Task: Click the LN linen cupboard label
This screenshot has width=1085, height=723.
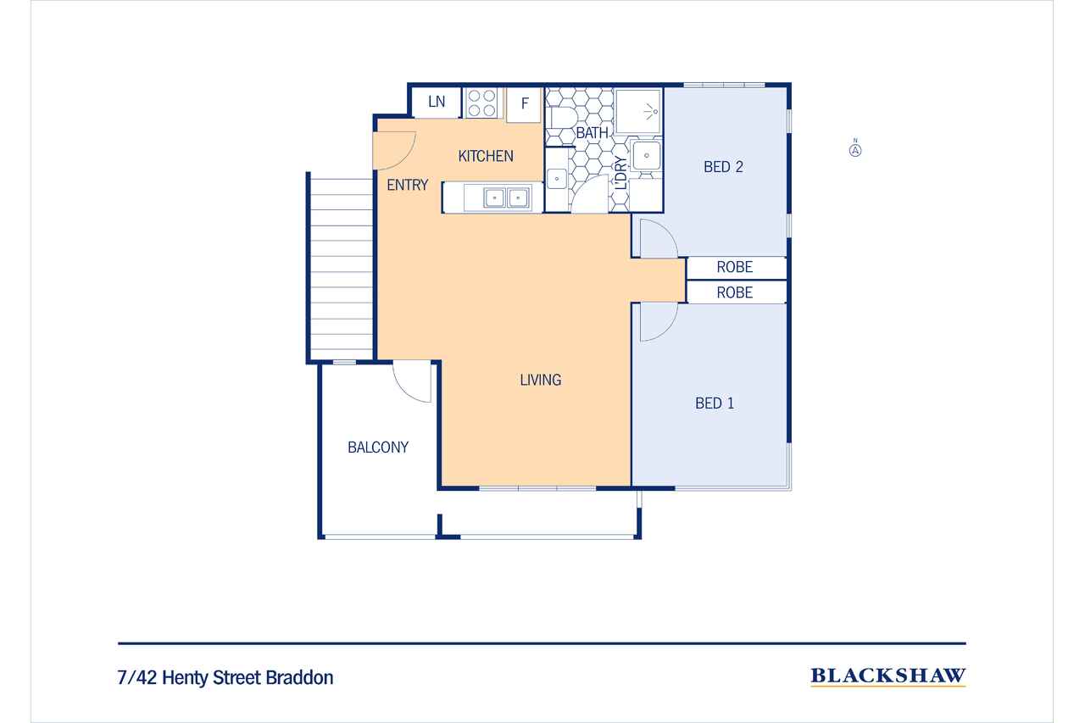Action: tap(437, 102)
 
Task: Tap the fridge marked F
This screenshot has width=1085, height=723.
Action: tap(524, 104)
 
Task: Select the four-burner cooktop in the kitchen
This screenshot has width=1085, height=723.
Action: tap(481, 103)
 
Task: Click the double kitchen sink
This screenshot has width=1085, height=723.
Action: tap(506, 198)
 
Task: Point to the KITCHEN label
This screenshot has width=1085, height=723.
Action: tap(486, 156)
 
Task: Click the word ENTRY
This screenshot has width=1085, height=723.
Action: tap(408, 185)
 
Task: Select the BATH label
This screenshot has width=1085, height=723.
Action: tap(592, 133)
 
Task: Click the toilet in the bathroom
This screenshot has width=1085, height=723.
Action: tap(562, 119)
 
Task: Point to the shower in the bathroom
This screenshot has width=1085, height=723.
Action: tap(638, 111)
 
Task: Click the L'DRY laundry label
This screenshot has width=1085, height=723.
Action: tap(621, 173)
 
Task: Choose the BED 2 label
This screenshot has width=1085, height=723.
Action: tap(723, 167)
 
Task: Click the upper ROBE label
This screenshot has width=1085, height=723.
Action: tap(734, 267)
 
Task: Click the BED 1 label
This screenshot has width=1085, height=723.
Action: tap(714, 403)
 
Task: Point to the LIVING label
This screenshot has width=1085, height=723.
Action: tap(541, 380)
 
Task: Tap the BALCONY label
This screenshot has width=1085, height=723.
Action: tap(378, 448)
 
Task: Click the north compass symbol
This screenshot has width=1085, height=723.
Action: tap(855, 150)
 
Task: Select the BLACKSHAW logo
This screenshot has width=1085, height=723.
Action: tap(887, 676)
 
